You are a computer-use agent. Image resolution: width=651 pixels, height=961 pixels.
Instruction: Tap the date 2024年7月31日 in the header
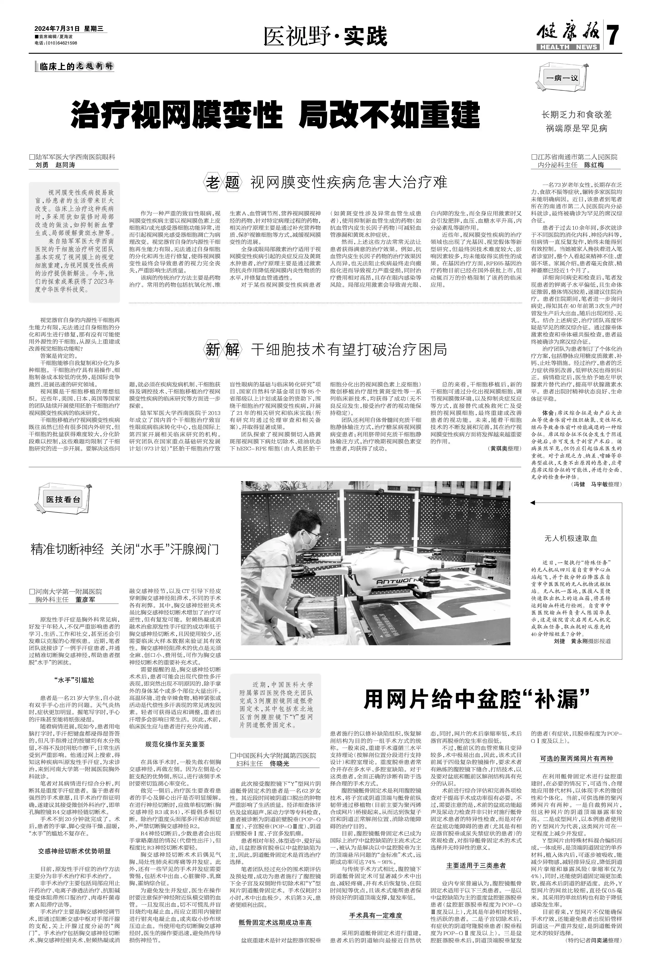[x=57, y=29]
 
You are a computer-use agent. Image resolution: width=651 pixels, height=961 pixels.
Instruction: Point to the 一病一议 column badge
[x=562, y=78]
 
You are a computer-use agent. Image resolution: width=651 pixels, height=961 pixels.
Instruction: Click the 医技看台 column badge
[x=63, y=499]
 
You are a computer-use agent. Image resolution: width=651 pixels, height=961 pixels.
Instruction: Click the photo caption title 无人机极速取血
[x=571, y=538]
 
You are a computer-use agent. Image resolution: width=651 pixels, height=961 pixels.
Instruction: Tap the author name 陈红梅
[x=594, y=165]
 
